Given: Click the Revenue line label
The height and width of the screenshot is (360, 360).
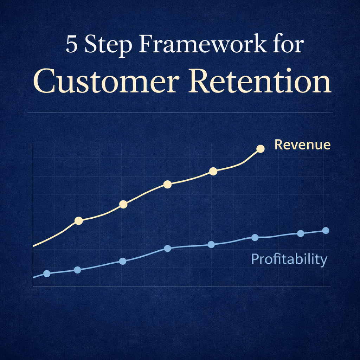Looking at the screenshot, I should [302, 145].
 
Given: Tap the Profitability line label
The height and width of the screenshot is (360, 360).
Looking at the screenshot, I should [289, 259].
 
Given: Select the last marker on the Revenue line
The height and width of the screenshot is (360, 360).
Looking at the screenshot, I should [260, 149].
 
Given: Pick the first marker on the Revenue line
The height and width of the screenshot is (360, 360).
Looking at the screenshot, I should [79, 221].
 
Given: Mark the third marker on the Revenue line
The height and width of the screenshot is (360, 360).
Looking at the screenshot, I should [167, 184].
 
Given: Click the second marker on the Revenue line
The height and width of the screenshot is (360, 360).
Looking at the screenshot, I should [123, 204].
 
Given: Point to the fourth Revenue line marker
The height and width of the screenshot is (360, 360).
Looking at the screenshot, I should [213, 171].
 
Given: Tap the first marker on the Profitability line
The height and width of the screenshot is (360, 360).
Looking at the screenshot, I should [47, 273].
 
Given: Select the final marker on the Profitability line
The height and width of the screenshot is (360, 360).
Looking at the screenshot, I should [326, 231].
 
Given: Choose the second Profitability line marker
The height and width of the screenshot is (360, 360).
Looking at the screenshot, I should [78, 270].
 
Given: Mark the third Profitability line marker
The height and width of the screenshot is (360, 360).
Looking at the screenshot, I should [123, 261].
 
